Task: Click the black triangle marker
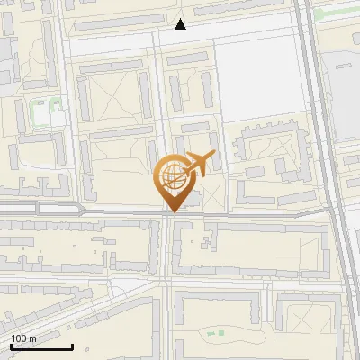click(x=181, y=24)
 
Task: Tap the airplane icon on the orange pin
click(x=199, y=165)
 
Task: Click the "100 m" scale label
click(x=23, y=338)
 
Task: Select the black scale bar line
click(x=41, y=346)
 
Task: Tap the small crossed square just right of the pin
click(x=213, y=196)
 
